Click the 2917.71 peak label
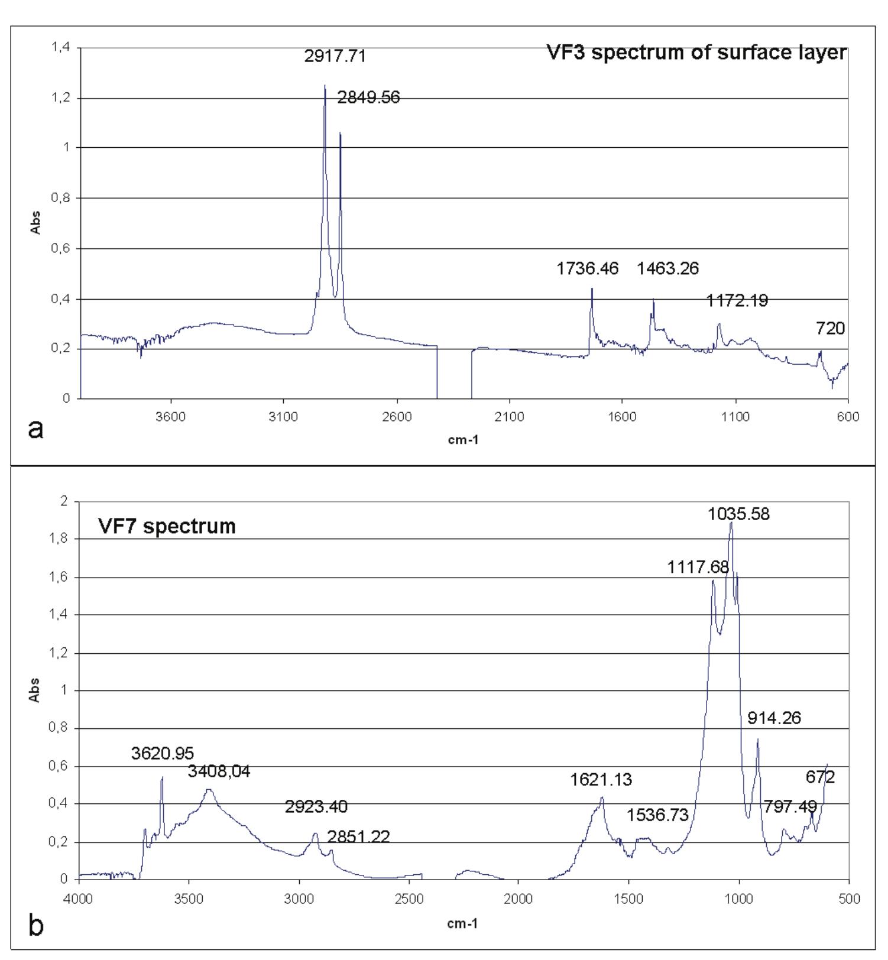coord(335,57)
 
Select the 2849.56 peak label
coord(368,98)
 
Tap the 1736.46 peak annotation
coord(587,269)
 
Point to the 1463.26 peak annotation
coord(667,269)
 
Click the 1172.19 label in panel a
coord(737,301)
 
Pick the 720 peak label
coord(830,329)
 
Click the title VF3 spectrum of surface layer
coord(696,53)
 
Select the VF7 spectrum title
coord(167,526)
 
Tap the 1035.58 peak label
coord(738,514)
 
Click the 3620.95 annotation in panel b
coord(163,754)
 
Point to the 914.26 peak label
coord(774,718)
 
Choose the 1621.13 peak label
coord(601,780)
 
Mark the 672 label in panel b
coord(820,777)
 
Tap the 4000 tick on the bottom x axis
coord(79,899)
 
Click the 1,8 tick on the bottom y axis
coord(59,539)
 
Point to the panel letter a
coord(35,429)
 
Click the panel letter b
coord(36,926)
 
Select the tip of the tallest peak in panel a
coord(325,86)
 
